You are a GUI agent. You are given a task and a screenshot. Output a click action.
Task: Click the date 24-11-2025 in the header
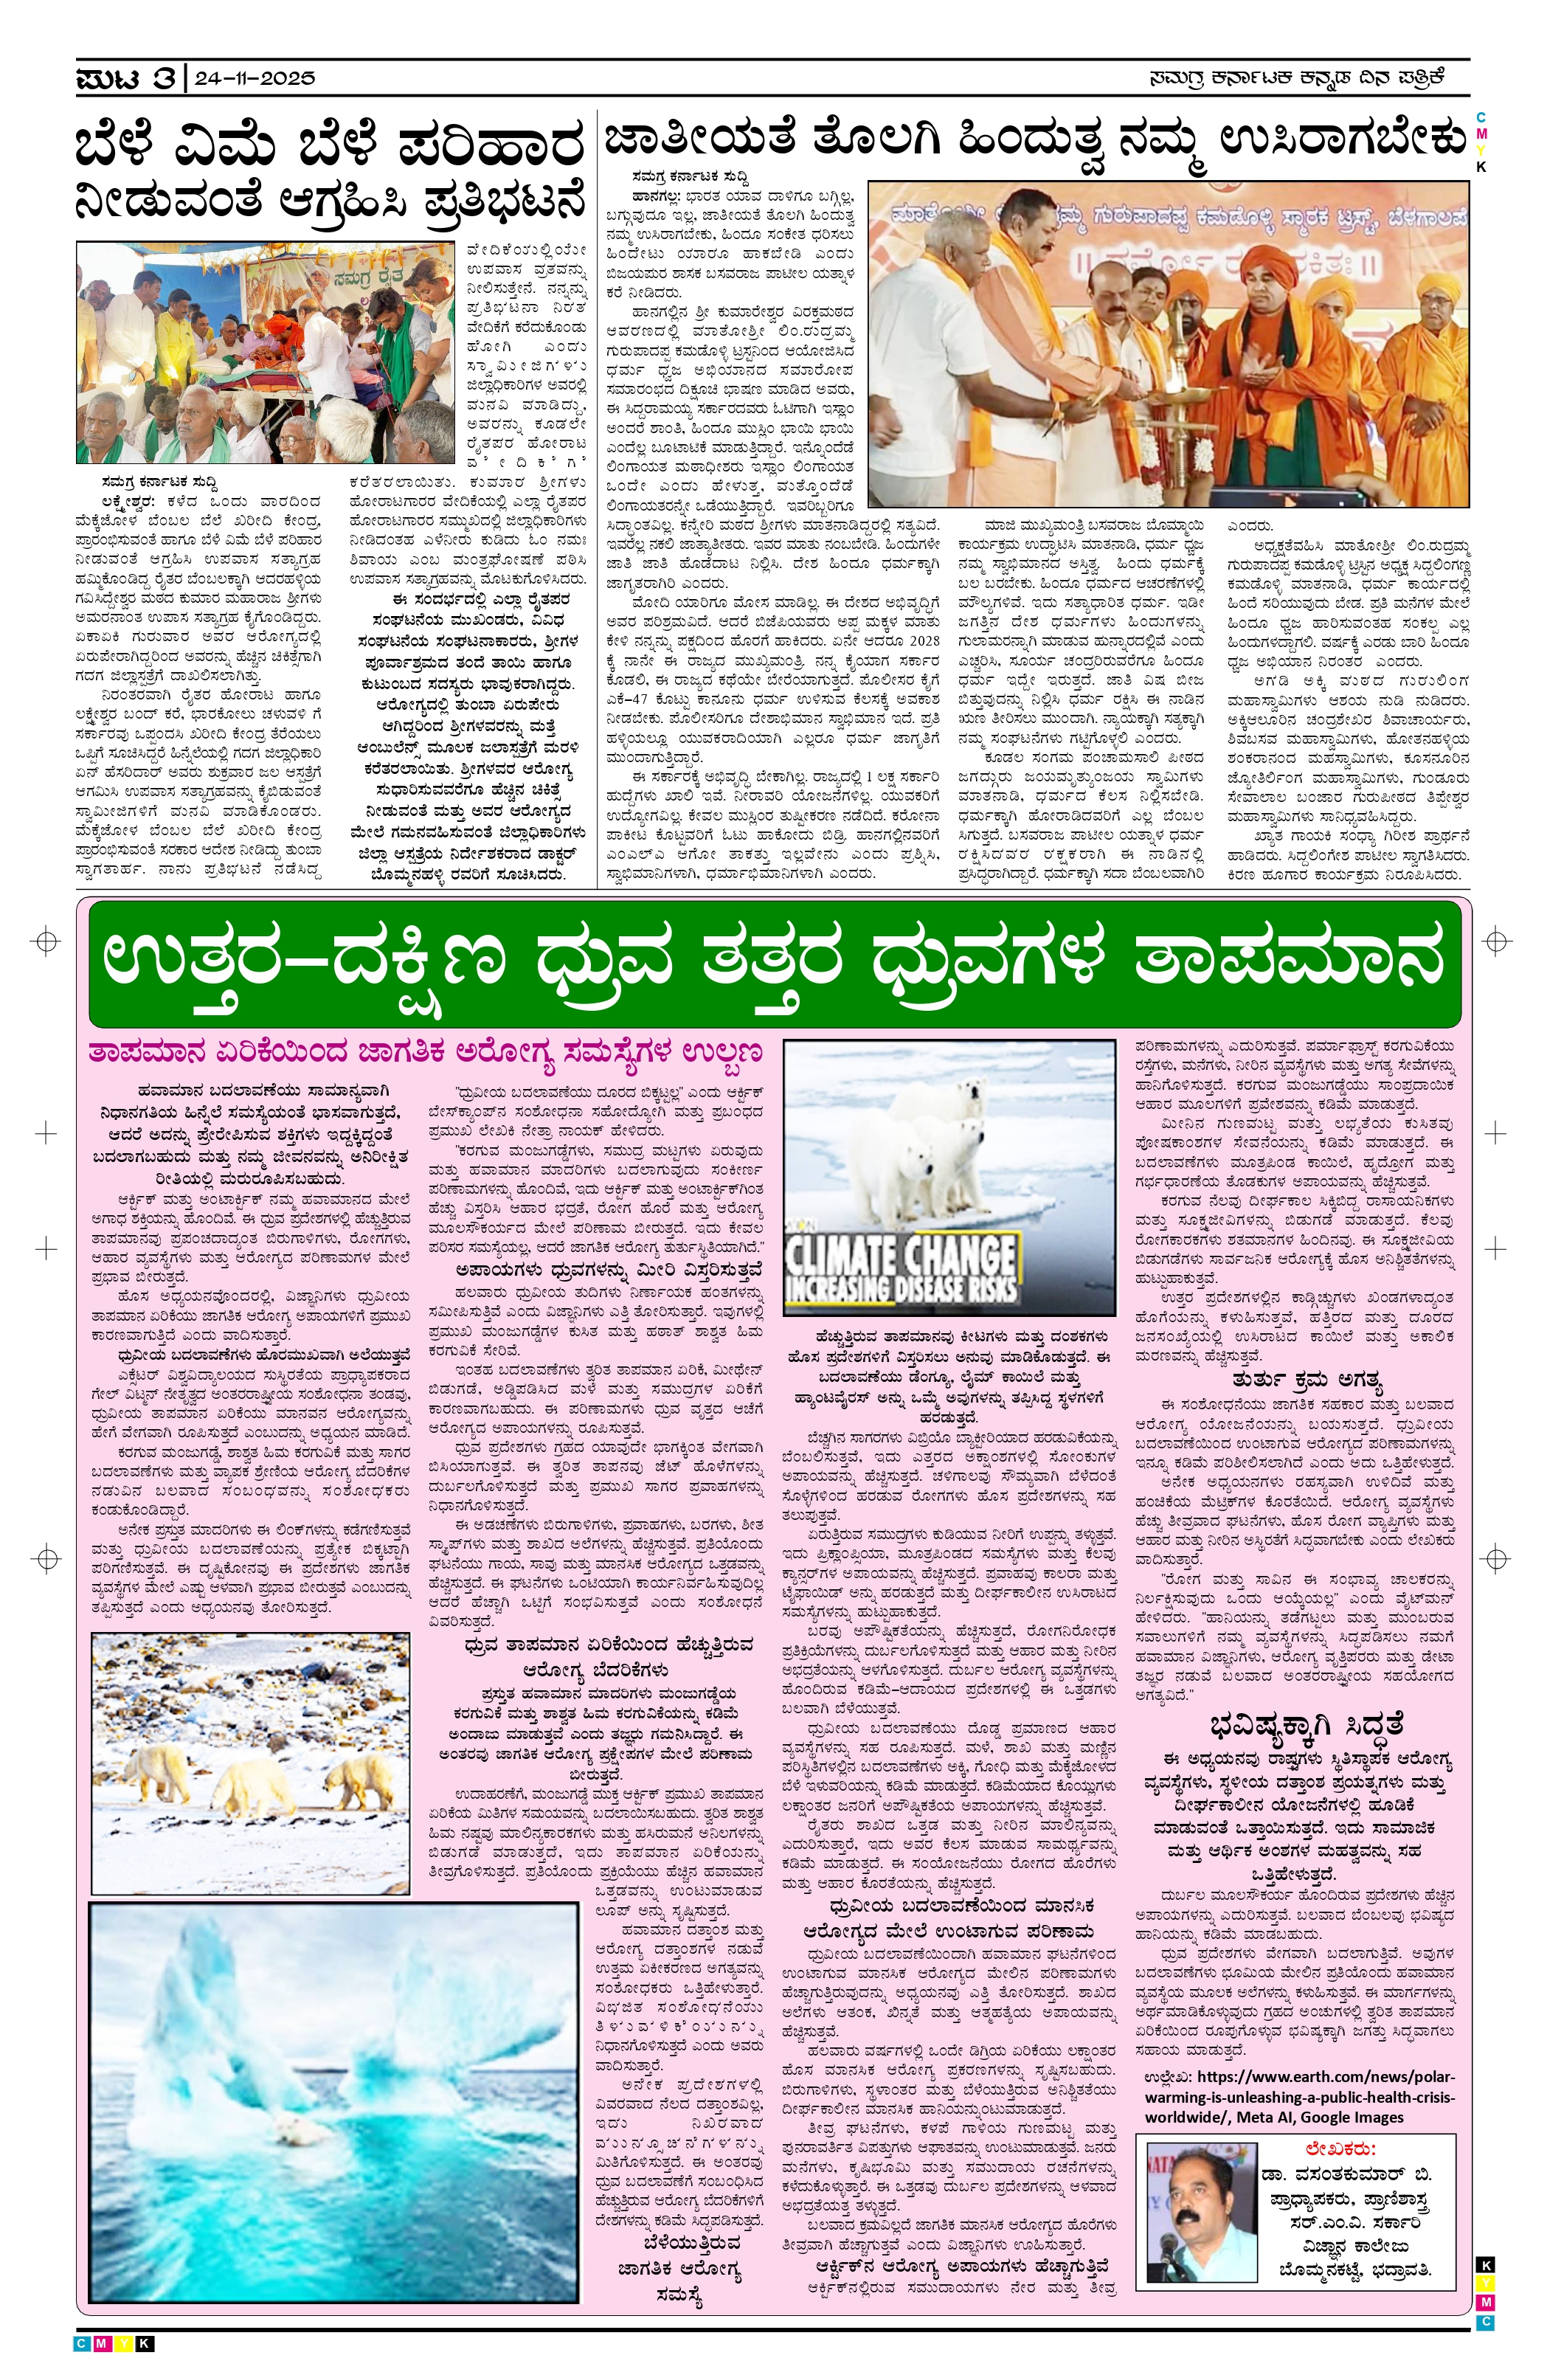click(x=255, y=77)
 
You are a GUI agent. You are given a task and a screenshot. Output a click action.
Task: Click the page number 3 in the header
click(x=164, y=77)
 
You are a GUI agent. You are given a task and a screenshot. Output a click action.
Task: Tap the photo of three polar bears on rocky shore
click(x=249, y=1763)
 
